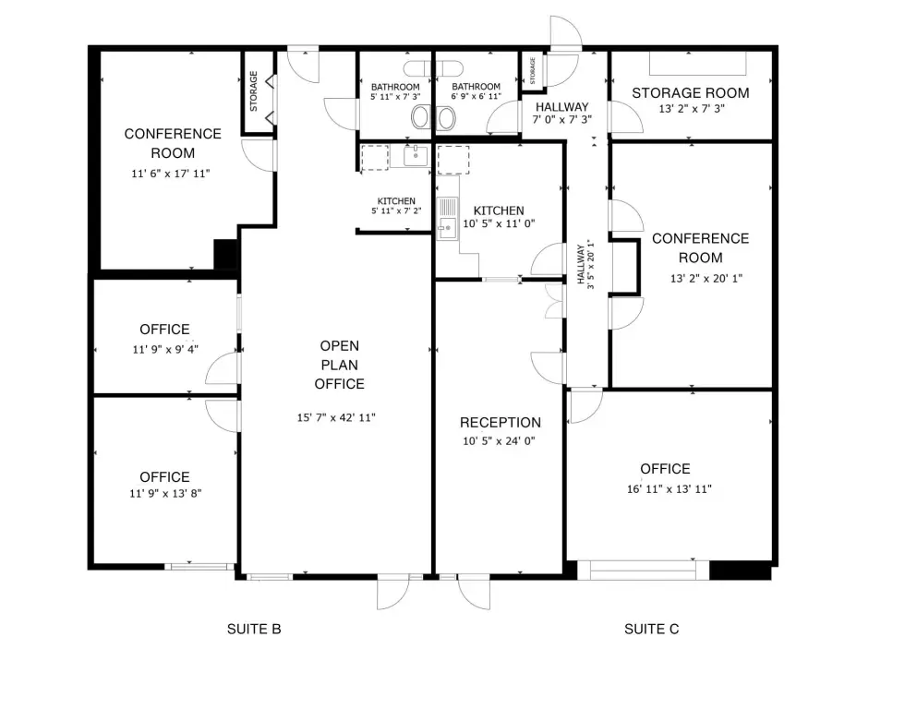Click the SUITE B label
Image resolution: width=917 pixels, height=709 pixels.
[x=254, y=629]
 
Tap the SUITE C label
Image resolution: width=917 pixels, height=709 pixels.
[x=651, y=629]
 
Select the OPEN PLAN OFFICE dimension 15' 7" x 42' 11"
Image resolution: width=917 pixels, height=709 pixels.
[x=336, y=417]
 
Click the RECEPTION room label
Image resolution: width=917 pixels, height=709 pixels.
[x=500, y=423]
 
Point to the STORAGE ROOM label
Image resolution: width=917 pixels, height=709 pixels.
[x=690, y=93]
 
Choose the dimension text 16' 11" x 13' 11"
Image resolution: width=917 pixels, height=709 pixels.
[x=669, y=488]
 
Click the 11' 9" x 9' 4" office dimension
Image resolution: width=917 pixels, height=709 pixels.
[x=165, y=350]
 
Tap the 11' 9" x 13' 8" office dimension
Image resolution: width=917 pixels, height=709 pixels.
[x=165, y=493]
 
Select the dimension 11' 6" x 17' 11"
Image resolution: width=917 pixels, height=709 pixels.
[x=170, y=173]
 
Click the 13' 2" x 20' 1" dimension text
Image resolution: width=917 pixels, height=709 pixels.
[x=706, y=278]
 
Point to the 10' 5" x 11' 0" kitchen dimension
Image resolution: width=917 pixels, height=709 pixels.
[x=499, y=223]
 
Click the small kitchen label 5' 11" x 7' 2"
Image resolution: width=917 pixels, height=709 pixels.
[x=396, y=210]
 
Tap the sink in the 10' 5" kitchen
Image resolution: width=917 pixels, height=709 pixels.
[x=448, y=227]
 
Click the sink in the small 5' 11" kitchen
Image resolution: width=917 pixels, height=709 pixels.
[x=416, y=156]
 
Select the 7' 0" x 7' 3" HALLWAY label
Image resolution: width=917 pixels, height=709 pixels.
[x=562, y=114]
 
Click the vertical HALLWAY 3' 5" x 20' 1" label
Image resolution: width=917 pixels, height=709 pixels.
[x=585, y=265]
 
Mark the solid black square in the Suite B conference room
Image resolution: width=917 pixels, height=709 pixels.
[x=225, y=254]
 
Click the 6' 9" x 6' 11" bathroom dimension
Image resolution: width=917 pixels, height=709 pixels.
[x=476, y=96]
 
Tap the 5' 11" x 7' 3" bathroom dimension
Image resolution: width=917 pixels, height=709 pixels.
[x=395, y=96]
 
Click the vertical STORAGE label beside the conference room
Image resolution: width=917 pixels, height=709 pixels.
[x=254, y=91]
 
